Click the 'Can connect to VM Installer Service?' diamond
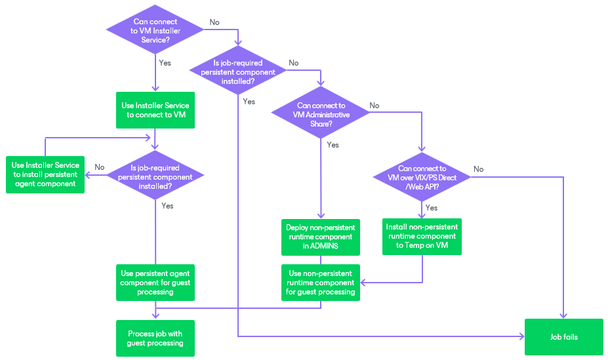coord(155,31)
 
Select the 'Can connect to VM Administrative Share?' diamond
coord(321,115)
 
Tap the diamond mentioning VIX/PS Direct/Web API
coord(422,178)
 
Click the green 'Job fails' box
coord(563,337)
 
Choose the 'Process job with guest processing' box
coord(155,338)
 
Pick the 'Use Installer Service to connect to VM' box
coord(155,110)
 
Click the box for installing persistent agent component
coord(45,174)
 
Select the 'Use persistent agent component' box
coord(155,283)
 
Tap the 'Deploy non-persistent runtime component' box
coord(321,237)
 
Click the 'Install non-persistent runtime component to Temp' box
coord(422,236)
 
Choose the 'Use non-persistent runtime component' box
coord(321,283)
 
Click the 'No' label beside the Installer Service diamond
coord(214,22)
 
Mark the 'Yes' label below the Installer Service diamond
coord(165,63)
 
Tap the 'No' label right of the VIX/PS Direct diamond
coord(478,169)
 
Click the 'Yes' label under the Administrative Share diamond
coord(333,145)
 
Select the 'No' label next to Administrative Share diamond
coord(374,106)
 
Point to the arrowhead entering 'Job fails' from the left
coord(521,336)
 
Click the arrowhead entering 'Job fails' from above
coord(563,315)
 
